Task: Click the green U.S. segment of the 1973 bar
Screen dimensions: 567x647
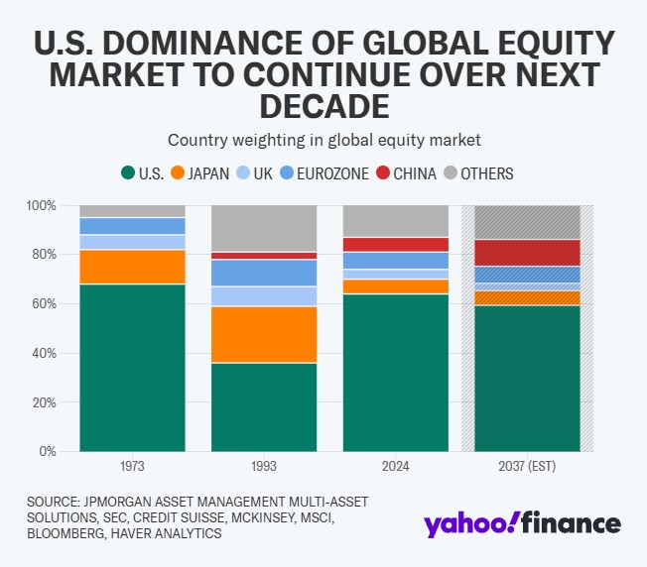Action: click(x=133, y=368)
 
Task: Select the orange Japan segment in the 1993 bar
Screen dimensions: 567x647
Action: click(x=264, y=334)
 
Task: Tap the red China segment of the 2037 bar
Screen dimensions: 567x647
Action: click(x=527, y=253)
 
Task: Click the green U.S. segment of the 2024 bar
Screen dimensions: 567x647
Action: click(x=395, y=373)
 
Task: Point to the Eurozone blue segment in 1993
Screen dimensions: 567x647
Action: click(x=264, y=273)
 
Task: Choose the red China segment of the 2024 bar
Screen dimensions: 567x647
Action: click(x=395, y=245)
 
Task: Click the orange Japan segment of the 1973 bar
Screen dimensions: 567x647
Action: click(x=133, y=267)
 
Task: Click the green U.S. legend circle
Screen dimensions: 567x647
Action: click(x=128, y=173)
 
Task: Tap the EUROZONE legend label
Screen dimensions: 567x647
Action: click(x=333, y=173)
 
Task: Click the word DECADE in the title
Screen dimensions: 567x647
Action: click(x=323, y=106)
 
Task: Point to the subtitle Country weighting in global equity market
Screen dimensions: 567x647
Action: click(x=323, y=140)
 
